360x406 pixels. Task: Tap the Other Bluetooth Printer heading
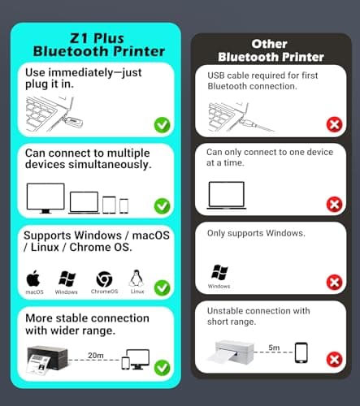point(270,50)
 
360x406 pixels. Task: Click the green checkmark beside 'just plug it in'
point(162,124)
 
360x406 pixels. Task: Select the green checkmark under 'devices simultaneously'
point(162,205)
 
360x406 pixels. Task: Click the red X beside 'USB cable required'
point(333,124)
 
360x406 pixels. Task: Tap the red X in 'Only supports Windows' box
point(333,282)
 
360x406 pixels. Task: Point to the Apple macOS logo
point(34,278)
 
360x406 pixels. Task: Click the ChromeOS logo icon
point(103,279)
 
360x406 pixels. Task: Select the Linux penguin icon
point(137,278)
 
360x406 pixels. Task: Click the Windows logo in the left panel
point(67,278)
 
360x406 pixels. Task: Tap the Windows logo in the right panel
point(219,272)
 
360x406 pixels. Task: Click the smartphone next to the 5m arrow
point(301,352)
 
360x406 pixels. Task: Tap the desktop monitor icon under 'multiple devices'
point(46,197)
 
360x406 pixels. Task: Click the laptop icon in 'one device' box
point(227,195)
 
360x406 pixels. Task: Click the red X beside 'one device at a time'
point(333,204)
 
